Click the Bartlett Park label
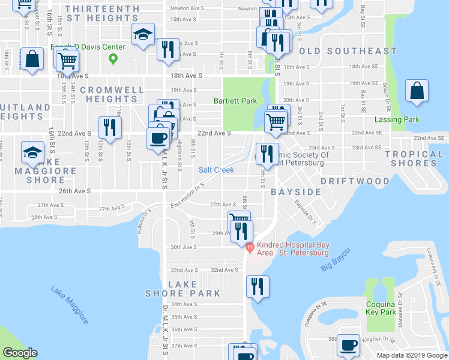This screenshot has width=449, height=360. pyautogui.click(x=235, y=101)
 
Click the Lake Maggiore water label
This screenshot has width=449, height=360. pyautogui.click(x=70, y=304)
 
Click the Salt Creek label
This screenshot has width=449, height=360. pyautogui.click(x=216, y=170)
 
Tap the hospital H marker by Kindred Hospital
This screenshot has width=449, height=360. pyautogui.click(x=250, y=245)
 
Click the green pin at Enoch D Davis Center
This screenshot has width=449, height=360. pyautogui.click(x=112, y=59)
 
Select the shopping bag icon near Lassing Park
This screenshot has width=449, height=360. pyautogui.click(x=417, y=91)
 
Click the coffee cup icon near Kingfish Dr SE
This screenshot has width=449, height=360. pyautogui.click(x=348, y=345)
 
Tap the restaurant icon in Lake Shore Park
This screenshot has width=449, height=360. pyautogui.click(x=258, y=286)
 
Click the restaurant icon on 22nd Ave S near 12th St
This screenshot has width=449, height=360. pyautogui.click(x=110, y=127)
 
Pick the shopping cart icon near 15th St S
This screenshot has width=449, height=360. pyautogui.click(x=67, y=60)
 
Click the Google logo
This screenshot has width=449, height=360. pyautogui.click(x=20, y=353)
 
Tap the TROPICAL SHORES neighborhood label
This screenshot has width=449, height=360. pyautogui.click(x=414, y=159)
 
